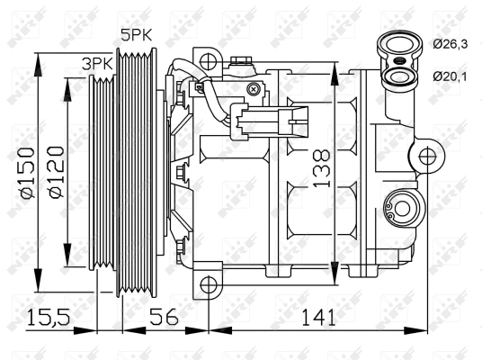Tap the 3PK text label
tap(97, 64)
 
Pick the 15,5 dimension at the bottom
tap(46, 318)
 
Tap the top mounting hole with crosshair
tap(209, 61)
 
